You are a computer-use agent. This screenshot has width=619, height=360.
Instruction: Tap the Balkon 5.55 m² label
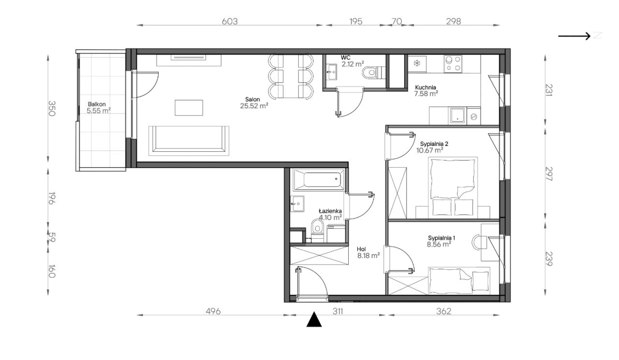pyautogui.click(x=99, y=108)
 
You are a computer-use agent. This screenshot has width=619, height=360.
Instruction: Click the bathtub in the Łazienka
pyautogui.click(x=320, y=180)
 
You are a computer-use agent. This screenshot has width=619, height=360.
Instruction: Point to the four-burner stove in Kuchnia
pyautogui.click(x=453, y=64)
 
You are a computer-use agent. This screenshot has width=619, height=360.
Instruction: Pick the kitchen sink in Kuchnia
pyautogui.click(x=458, y=115)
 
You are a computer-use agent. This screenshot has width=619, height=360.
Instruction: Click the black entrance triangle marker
pyautogui.click(x=314, y=319)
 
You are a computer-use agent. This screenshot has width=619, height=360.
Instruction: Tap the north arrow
pyautogui.click(x=574, y=36)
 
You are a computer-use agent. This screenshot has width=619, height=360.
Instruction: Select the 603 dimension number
pyautogui.click(x=230, y=22)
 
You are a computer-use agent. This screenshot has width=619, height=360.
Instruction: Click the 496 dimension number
pyautogui.click(x=213, y=311)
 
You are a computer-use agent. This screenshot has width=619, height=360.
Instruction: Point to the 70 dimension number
pyautogui.click(x=397, y=21)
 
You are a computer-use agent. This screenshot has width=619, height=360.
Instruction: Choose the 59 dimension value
pyautogui.click(x=52, y=237)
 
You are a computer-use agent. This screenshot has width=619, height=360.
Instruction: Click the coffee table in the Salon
pyautogui.click(x=189, y=108)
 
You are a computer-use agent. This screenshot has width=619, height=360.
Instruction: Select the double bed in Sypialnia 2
pyautogui.click(x=453, y=187)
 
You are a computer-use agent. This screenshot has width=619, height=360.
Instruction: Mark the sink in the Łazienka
pyautogui.click(x=297, y=204)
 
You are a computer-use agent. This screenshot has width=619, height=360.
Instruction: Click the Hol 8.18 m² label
pyautogui.click(x=368, y=252)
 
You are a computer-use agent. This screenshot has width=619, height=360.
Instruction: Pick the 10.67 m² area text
pyautogui.click(x=430, y=150)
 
